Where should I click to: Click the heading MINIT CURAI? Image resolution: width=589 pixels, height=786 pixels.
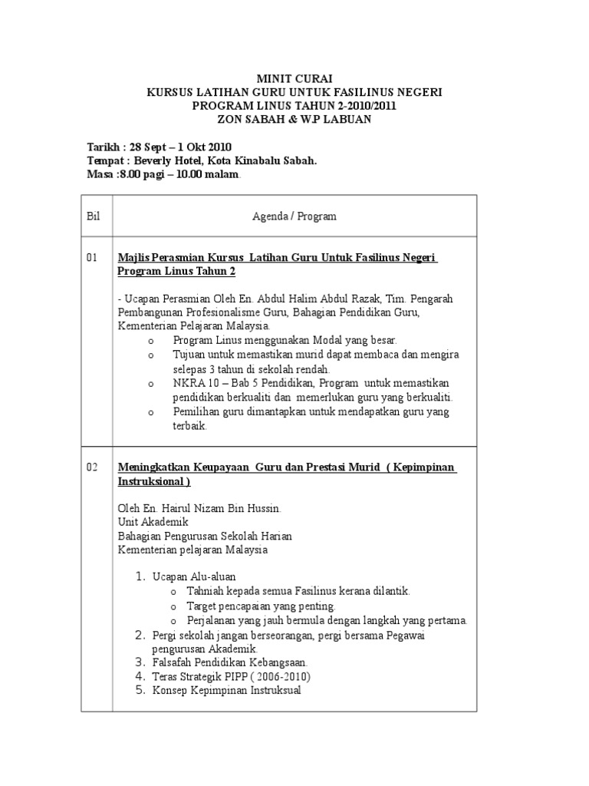click(294, 78)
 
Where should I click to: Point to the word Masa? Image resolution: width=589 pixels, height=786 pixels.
click(100, 175)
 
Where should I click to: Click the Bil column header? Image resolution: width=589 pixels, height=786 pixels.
click(94, 216)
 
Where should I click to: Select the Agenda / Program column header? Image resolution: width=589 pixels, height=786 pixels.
click(294, 216)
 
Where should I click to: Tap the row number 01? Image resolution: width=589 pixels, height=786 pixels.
click(92, 258)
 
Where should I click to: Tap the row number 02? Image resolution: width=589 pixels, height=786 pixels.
click(92, 467)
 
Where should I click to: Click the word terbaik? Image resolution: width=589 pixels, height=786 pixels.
click(190, 426)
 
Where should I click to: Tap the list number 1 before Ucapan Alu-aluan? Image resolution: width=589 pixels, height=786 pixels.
click(140, 576)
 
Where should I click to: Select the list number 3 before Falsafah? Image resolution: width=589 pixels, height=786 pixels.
click(140, 662)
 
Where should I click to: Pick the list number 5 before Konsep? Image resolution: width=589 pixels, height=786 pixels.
click(140, 690)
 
